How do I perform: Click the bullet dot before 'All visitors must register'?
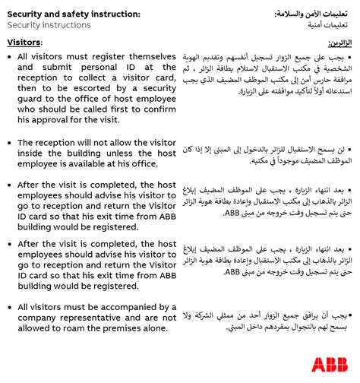tap(9, 57)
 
